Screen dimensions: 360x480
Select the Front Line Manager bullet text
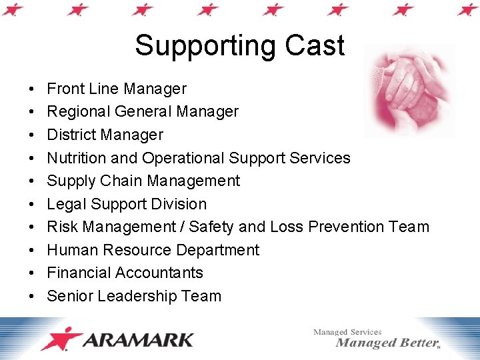pyautogui.click(x=117, y=89)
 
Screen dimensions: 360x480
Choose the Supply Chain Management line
pyautogui.click(x=143, y=181)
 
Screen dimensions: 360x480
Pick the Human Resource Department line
pyautogui.click(x=153, y=250)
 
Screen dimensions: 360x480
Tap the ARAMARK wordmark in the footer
pyautogui.click(x=139, y=340)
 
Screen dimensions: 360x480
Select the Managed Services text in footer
pyautogui.click(x=347, y=331)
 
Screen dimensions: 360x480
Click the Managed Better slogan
pyautogui.click(x=387, y=343)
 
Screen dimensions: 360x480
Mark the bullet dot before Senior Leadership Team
pyautogui.click(x=33, y=297)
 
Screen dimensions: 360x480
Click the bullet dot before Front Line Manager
pyautogui.click(x=33, y=89)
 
